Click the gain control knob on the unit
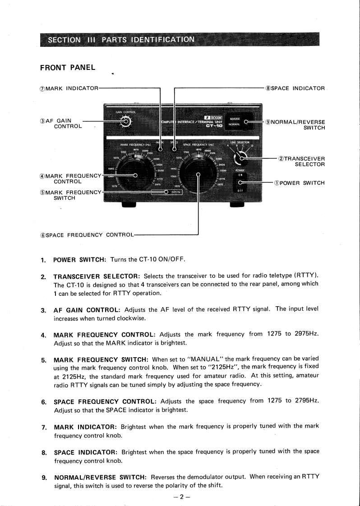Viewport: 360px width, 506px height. point(126,121)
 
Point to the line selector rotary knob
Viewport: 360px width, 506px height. point(240,157)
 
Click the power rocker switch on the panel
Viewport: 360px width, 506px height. point(240,183)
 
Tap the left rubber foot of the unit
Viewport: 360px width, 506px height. point(129,205)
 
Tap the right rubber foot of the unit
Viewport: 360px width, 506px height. point(236,205)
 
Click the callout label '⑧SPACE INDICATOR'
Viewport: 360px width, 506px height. point(295,88)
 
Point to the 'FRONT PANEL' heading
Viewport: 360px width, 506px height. point(68,68)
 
